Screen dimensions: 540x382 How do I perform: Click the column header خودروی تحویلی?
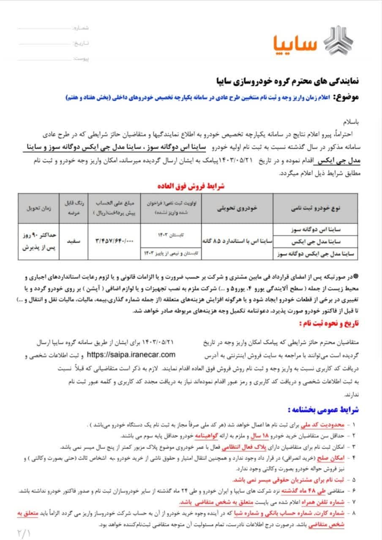pyautogui.click(x=237, y=208)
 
